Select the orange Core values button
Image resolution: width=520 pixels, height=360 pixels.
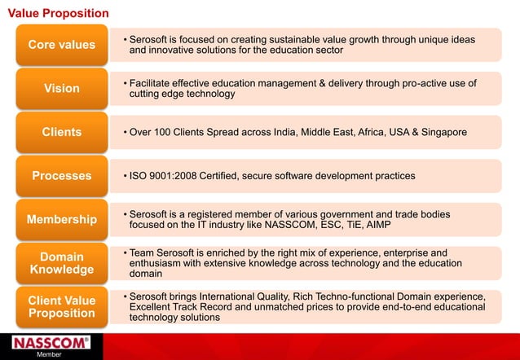pos(62,44)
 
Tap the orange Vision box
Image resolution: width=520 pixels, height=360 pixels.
pos(62,88)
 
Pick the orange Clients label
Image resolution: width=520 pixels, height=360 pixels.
pos(62,132)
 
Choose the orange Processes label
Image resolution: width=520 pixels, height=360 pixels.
pos(62,176)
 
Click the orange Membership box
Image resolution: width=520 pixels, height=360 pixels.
pos(62,220)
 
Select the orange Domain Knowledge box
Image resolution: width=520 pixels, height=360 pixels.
pos(62,263)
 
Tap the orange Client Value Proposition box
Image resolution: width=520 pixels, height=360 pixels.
pos(62,307)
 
